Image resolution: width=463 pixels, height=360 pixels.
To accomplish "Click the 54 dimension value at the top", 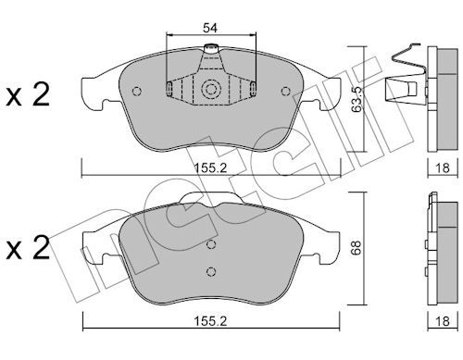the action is point(210,28).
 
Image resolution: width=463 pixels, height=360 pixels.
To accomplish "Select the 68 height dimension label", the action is point(357,248).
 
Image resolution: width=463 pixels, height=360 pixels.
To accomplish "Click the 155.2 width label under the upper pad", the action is point(210,168).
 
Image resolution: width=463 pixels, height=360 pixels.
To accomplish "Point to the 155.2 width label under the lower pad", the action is point(210,321).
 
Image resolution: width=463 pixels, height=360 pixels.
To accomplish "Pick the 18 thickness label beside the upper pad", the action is point(442,168).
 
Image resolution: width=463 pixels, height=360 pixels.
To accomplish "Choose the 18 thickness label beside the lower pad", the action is point(442,321).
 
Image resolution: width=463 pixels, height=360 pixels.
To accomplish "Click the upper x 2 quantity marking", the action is point(28,95).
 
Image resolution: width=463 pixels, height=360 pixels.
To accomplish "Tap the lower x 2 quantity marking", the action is point(28,248).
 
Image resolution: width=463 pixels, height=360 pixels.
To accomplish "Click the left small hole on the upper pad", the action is point(136,91).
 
